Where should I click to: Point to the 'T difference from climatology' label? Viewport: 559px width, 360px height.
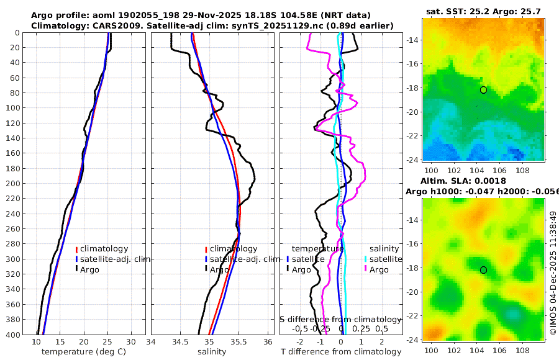(341, 352)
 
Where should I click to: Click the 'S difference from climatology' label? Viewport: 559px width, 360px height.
(341, 318)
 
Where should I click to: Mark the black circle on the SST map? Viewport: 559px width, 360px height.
(484, 90)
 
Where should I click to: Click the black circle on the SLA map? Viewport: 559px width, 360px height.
(484, 270)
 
